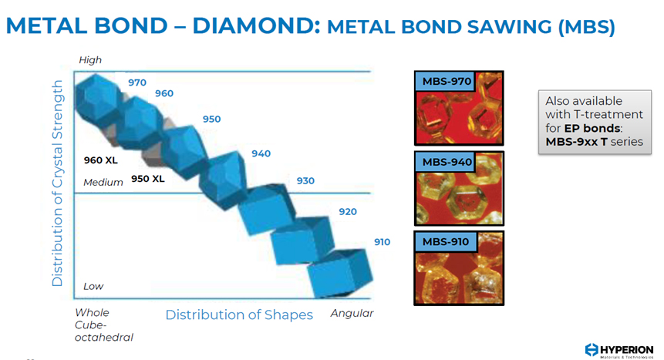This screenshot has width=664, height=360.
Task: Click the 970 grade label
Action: [137, 82]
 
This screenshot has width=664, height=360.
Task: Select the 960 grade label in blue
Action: [164, 93]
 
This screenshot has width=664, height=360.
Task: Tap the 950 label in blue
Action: [211, 119]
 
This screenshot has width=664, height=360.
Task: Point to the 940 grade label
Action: [261, 153]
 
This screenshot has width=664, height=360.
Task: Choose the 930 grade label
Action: [305, 181]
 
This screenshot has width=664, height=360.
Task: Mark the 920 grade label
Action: [348, 212]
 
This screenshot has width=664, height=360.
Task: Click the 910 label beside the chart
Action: [382, 242]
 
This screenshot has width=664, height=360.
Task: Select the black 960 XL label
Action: [100, 160]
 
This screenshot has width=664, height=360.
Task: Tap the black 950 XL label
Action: [148, 179]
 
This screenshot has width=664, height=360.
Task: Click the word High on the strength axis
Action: [90, 60]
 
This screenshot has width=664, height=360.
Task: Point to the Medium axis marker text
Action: [103, 183]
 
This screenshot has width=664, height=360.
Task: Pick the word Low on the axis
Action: [93, 286]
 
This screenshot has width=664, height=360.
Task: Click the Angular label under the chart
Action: [352, 314]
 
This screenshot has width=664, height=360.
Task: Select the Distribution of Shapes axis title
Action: [239, 315]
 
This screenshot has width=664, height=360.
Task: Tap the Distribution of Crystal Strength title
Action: [57, 183]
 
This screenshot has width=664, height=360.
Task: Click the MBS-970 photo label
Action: [447, 81]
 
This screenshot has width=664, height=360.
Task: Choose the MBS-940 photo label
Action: [447, 162]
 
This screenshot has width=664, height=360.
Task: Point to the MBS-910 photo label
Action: [446, 242]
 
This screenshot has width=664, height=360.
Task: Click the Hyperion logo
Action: [619, 351]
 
